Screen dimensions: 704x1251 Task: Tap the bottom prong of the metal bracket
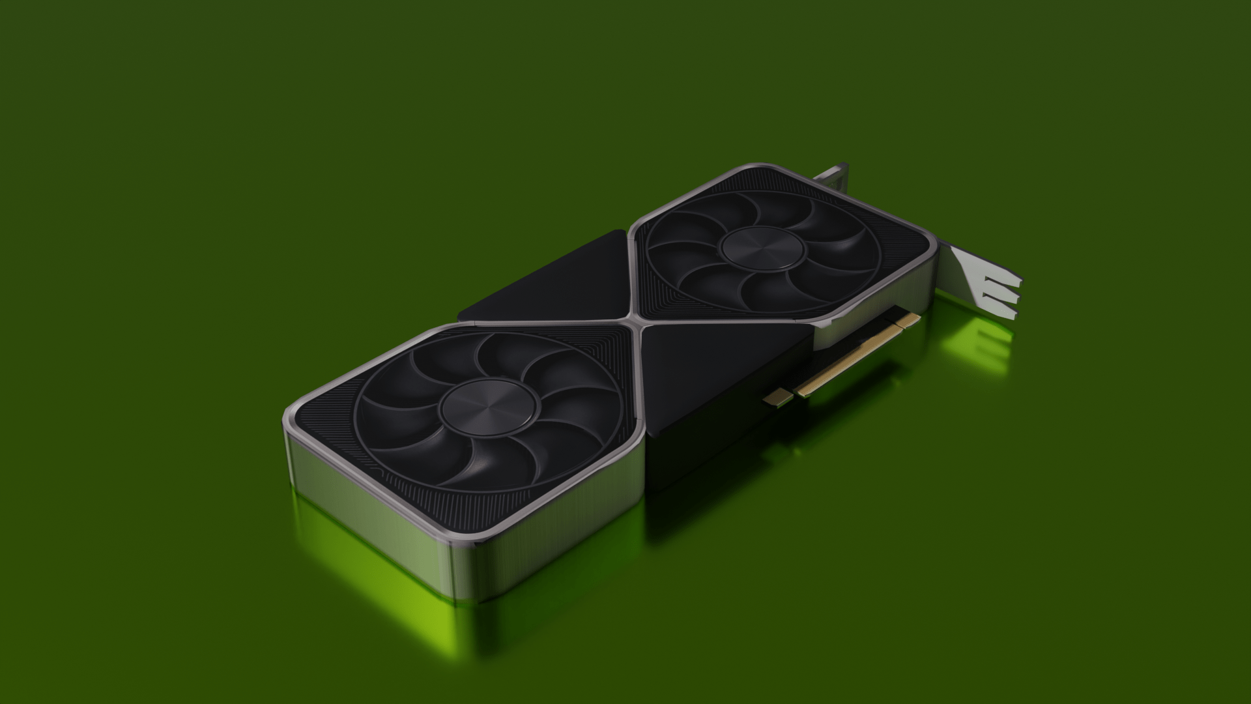tap(997, 310)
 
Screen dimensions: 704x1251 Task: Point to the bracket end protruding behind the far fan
tap(834, 176)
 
